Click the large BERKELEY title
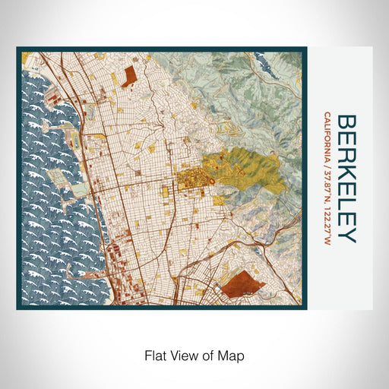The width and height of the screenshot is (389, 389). [346, 179]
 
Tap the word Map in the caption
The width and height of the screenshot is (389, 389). [233, 355]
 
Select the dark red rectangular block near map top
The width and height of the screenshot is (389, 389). [127, 73]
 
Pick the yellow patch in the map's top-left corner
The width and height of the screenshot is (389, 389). [27, 57]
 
